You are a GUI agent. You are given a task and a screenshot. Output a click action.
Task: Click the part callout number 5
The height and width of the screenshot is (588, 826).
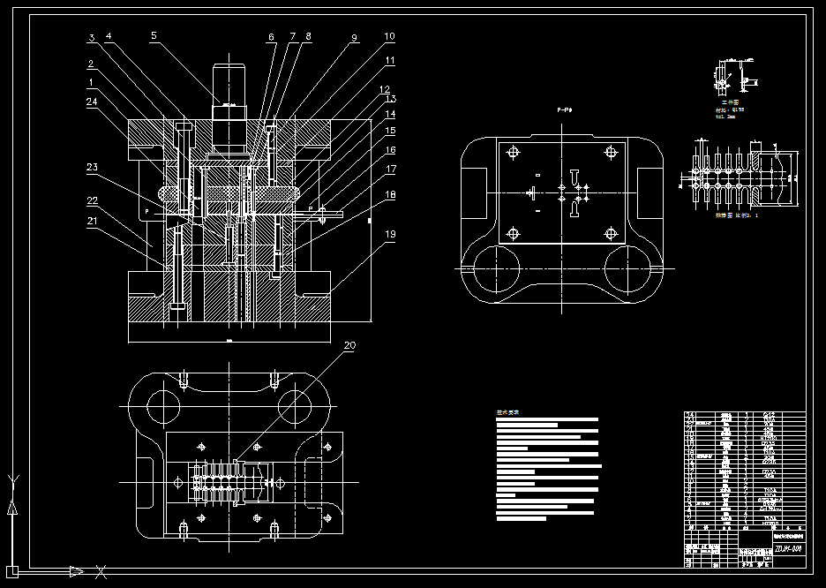coord(154,36)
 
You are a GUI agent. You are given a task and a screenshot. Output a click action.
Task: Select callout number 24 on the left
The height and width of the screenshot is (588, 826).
coord(92,101)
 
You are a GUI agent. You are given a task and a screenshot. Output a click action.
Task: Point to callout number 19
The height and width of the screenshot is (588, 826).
coord(390,236)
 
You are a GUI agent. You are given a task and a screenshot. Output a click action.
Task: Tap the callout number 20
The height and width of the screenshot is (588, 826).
coord(349,345)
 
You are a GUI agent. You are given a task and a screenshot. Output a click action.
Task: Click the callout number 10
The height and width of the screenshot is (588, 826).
coord(390,36)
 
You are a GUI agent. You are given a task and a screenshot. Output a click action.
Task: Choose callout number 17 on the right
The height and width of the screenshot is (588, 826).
coord(390,168)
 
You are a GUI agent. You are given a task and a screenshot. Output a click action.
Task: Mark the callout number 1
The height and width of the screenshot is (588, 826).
coord(92,82)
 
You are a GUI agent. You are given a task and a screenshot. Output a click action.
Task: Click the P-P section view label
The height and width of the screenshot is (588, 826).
coord(564,109)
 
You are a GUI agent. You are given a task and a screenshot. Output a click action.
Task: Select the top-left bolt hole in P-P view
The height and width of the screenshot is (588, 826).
coord(512,152)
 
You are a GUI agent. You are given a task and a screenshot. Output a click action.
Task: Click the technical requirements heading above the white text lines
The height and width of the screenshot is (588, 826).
coord(508,412)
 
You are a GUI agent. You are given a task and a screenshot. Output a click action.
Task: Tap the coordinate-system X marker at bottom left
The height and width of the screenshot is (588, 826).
coord(101,571)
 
